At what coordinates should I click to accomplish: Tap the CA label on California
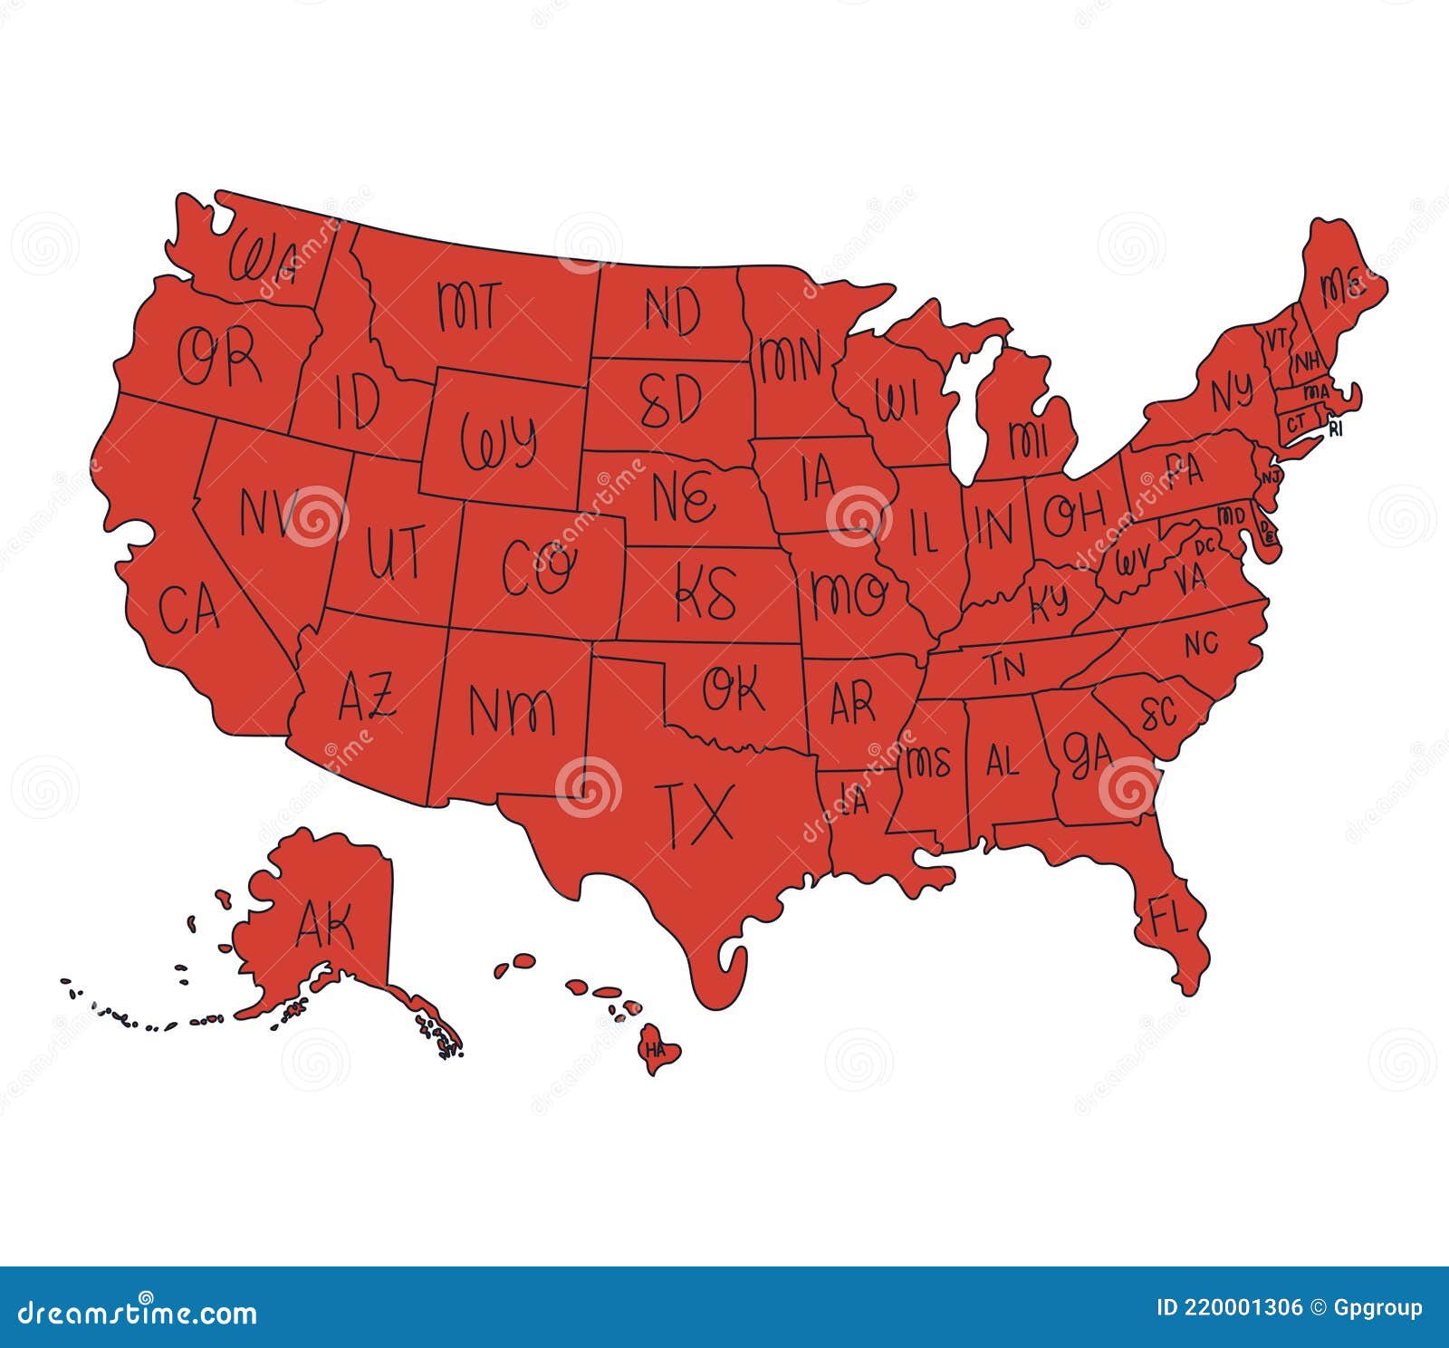[189, 608]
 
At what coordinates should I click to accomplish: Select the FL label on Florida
[1167, 917]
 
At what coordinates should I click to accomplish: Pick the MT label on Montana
[467, 305]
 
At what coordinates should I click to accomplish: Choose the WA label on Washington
[262, 257]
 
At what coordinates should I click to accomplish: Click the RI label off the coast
[1336, 429]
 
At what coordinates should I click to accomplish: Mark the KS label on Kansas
[706, 593]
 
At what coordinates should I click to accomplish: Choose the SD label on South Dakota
[670, 400]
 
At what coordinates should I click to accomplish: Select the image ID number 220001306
[1229, 1307]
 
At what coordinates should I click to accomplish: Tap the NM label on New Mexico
[512, 709]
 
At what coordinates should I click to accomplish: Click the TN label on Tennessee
[1006, 668]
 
